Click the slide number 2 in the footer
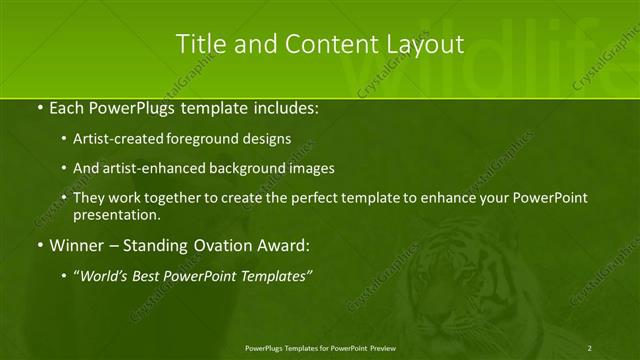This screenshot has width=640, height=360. pyautogui.click(x=590, y=347)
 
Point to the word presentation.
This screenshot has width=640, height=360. pyautogui.click(x=117, y=214)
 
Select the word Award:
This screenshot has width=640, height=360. pyautogui.click(x=286, y=245)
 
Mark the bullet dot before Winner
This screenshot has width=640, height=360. pyautogui.click(x=39, y=245)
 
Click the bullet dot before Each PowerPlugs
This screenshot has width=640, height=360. pyautogui.click(x=39, y=107)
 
